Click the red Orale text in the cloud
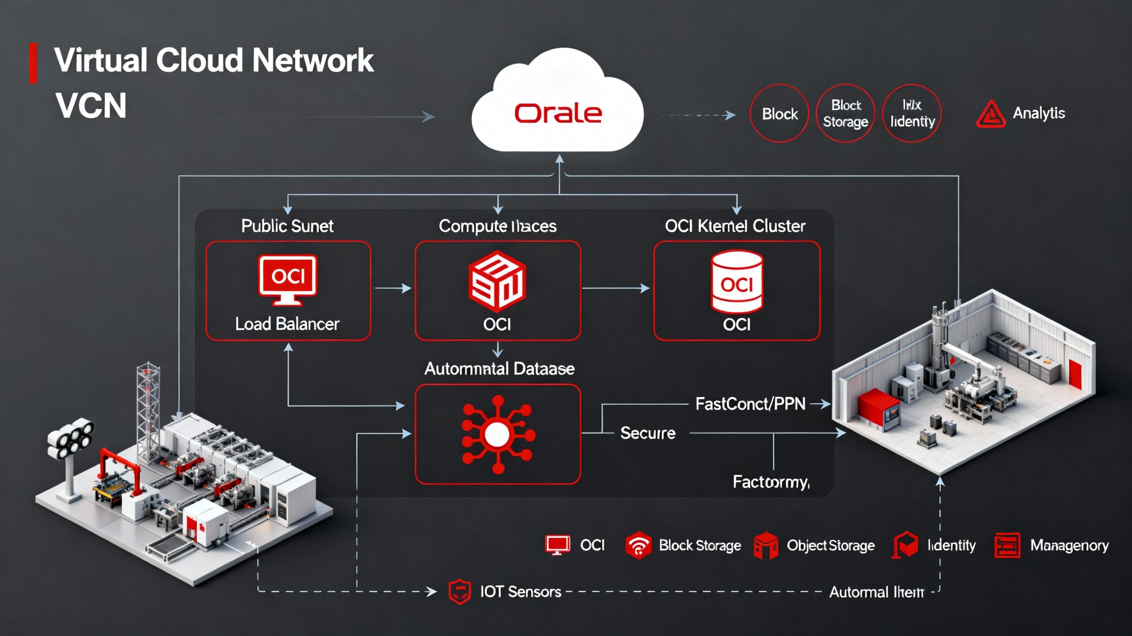[558, 113]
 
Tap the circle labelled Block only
[780, 114]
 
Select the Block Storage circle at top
[845, 113]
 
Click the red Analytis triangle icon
[990, 115]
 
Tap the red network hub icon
[497, 434]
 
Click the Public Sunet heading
[287, 226]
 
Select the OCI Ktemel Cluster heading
[735, 226]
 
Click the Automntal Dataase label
[499, 368]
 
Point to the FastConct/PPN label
[750, 404]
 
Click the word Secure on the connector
[647, 433]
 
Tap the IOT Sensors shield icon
[459, 591]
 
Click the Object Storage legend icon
[766, 545]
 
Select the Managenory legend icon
[1007, 545]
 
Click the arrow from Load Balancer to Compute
[393, 288]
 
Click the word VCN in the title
[91, 106]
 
